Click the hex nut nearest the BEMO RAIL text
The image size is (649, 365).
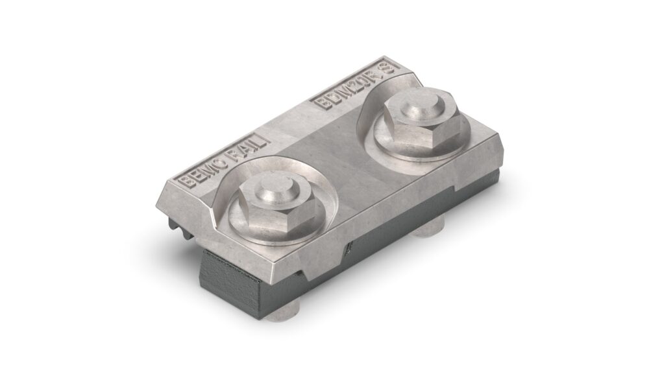coord(275,206)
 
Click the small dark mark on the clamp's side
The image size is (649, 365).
coord(351,246)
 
